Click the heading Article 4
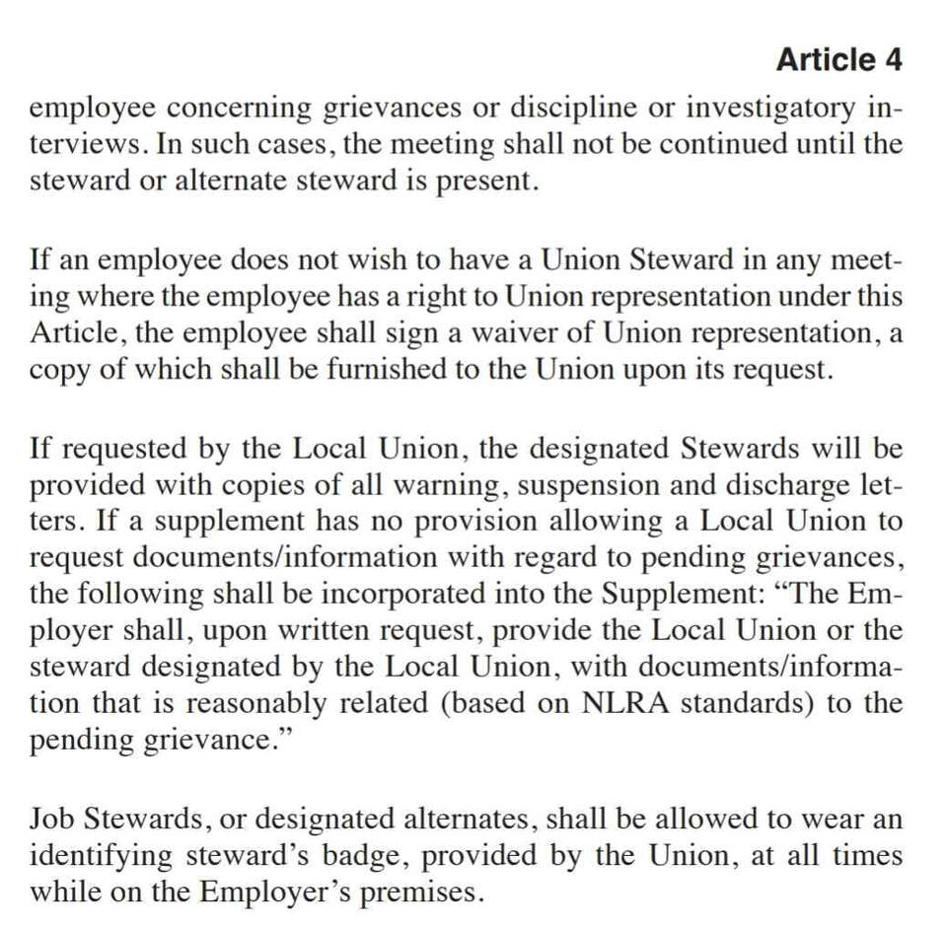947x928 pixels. pyautogui.click(x=838, y=60)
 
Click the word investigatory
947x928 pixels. pyautogui.click(x=767, y=107)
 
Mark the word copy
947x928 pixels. pyautogui.click(x=60, y=371)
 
